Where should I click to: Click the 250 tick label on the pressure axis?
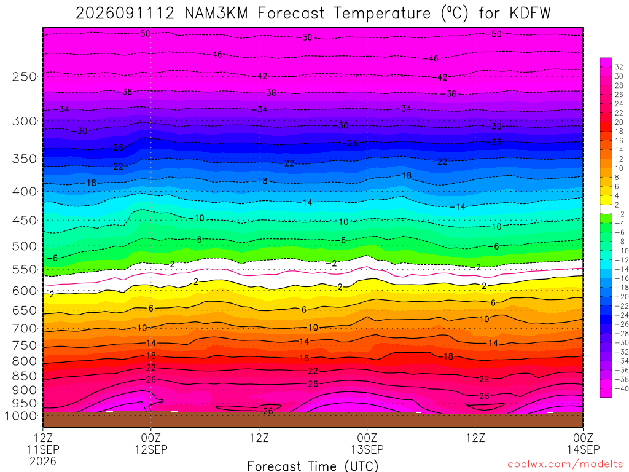pos(25,76)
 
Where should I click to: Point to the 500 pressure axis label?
pos(25,246)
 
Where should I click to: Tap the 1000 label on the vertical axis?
pos(21,416)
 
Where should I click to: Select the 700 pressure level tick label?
pos(25,329)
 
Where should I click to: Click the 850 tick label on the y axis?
pos(25,376)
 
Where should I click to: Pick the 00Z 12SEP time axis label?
pos(151,443)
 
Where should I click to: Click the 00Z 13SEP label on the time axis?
pos(367,443)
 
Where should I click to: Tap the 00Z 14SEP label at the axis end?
pos(584,443)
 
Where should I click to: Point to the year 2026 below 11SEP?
pos(43,461)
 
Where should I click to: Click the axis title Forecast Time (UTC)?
pos(313,466)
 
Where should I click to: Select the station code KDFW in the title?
pos(530,14)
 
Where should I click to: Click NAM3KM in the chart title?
pos(216,14)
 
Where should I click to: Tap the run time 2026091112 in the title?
pos(125,14)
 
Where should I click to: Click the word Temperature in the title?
pos(382,14)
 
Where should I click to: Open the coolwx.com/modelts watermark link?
pos(566,465)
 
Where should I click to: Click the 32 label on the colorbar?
pos(619,67)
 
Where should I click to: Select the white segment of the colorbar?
pos(606,209)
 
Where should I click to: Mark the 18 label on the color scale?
pos(619,132)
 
